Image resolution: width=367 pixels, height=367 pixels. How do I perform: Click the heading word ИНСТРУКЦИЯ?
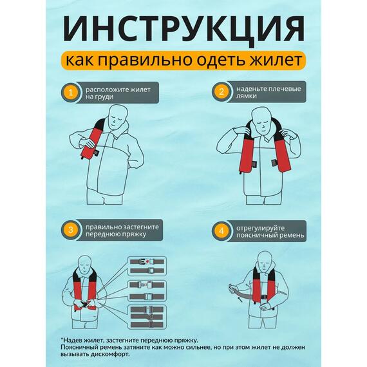click(183, 30)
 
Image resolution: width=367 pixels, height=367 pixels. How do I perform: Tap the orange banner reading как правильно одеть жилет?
click(183, 62)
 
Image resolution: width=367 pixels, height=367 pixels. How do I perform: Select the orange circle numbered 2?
click(221, 91)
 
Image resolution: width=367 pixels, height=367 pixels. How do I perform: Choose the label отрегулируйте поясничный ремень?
click(265, 231)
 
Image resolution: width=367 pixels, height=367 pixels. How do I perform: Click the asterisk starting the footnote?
click(62, 339)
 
